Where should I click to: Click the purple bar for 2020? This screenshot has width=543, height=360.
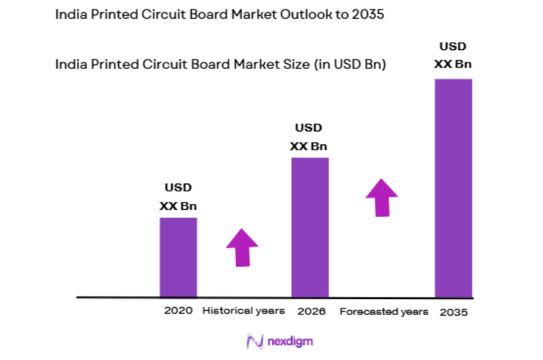tap(178, 257)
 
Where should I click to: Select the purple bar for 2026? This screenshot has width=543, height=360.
tap(310, 227)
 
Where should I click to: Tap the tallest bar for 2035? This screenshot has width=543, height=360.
tap(453, 188)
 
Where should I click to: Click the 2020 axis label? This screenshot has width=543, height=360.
tap(178, 311)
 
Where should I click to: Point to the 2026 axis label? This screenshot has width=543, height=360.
tap(311, 311)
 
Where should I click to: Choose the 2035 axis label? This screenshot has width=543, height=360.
tap(454, 311)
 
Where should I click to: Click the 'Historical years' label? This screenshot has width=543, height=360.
tap(243, 311)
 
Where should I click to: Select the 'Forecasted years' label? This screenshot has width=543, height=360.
tap(384, 311)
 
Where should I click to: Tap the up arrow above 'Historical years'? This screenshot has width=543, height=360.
tap(242, 248)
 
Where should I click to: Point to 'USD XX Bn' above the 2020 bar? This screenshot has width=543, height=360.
tap(178, 197)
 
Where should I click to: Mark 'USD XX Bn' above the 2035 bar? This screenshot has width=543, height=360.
tap(453, 56)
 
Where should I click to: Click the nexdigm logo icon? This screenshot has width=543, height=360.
tap(253, 340)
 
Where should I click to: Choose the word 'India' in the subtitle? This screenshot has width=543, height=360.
tap(70, 64)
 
